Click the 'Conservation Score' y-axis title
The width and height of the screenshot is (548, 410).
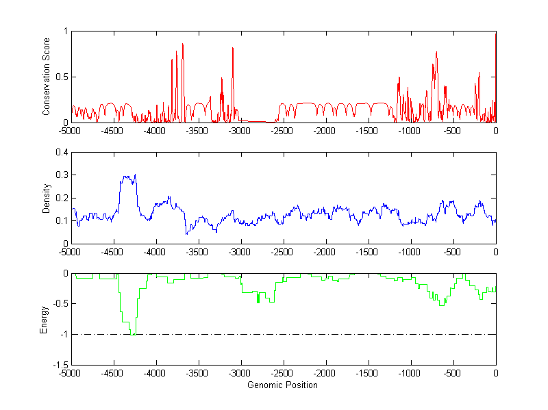[x=46, y=77]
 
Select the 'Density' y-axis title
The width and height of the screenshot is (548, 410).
[x=46, y=198]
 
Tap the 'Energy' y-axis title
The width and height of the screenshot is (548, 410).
[x=44, y=319]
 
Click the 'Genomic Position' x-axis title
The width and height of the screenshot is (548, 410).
[x=282, y=385]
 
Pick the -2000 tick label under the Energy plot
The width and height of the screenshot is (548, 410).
[x=325, y=374]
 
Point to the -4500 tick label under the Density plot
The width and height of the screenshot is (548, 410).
[x=112, y=252]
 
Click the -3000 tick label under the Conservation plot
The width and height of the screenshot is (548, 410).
[x=240, y=131]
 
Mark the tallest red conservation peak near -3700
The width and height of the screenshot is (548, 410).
[x=183, y=44]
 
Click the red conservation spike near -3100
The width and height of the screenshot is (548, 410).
[x=233, y=49]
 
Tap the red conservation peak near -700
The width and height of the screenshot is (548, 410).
[x=436, y=53]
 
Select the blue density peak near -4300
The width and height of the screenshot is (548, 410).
[x=135, y=175]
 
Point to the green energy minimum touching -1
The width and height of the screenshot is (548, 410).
[x=132, y=334]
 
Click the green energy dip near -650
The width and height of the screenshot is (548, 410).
[x=442, y=305]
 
